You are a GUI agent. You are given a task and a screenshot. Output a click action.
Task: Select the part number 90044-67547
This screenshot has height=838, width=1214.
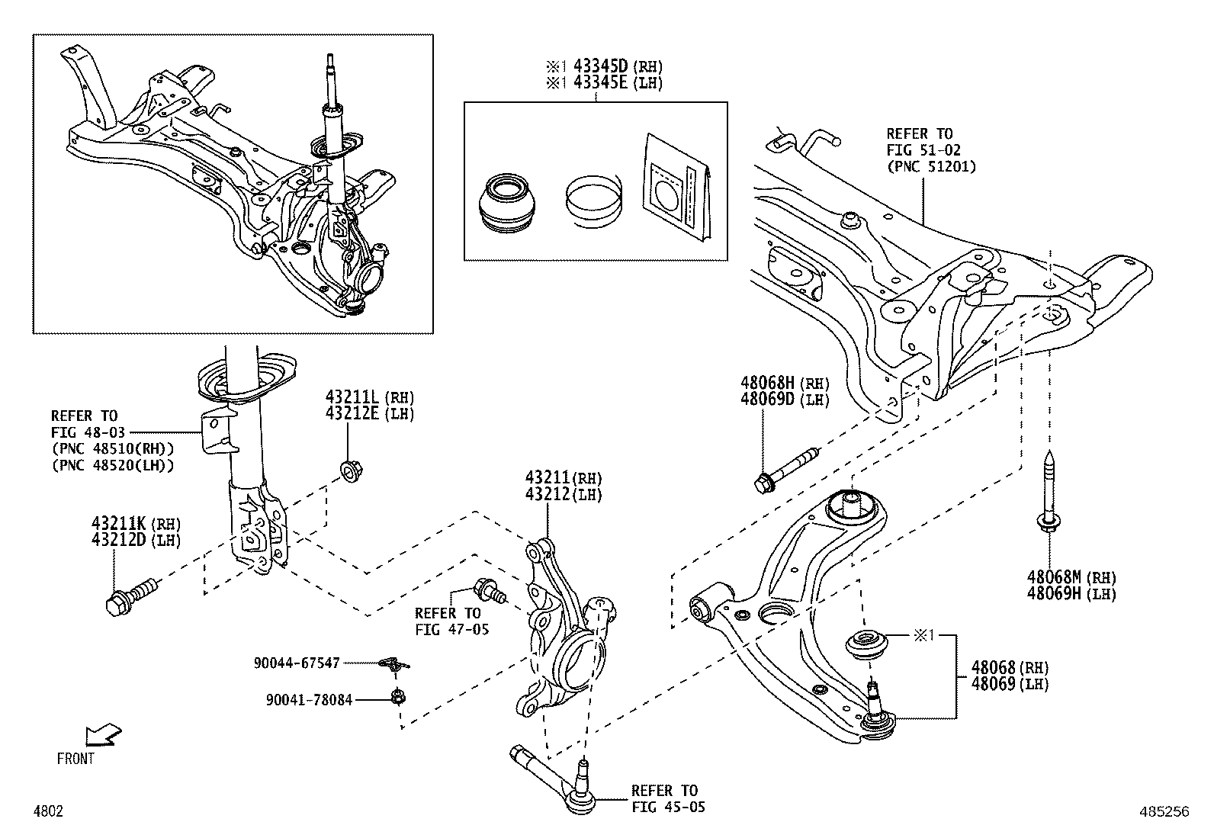click(x=297, y=663)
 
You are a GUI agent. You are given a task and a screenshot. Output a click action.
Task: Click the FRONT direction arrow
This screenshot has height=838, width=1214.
click(x=101, y=736)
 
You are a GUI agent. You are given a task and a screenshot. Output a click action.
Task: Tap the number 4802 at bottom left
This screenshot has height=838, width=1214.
click(x=47, y=812)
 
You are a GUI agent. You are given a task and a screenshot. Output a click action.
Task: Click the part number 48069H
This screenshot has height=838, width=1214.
click(x=1055, y=593)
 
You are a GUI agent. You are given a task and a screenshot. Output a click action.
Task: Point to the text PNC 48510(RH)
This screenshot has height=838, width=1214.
click(x=112, y=448)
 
